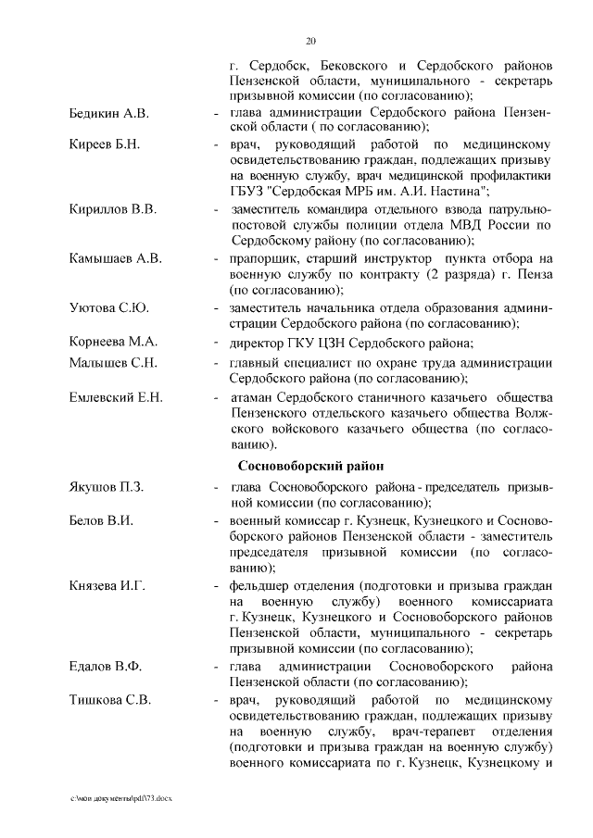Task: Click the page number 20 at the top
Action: [x=310, y=40]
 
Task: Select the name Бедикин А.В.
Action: [x=109, y=113]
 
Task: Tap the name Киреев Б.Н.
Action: [x=104, y=144]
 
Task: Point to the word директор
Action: [x=256, y=342]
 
